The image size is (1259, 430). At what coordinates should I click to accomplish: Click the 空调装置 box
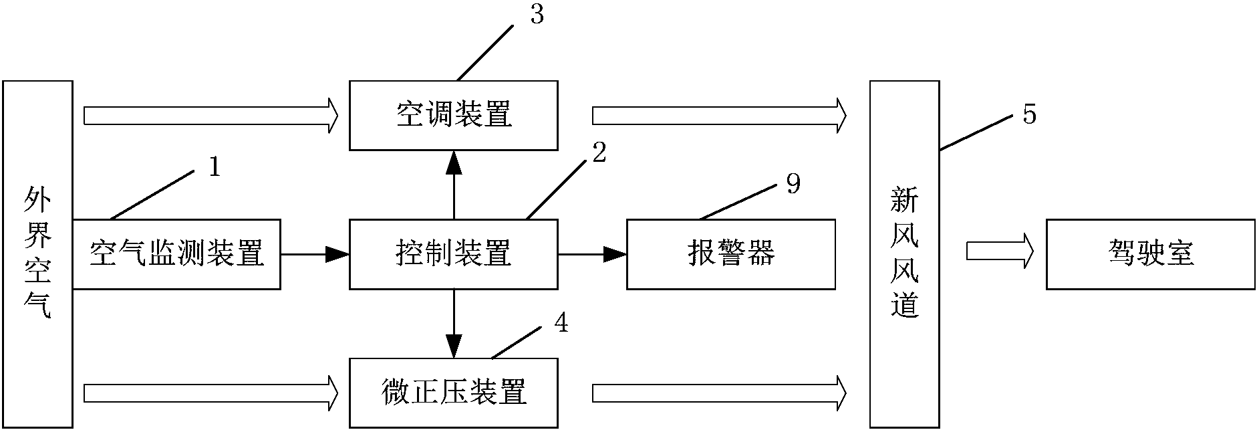click(x=453, y=115)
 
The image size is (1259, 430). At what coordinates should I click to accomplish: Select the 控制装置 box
click(x=453, y=254)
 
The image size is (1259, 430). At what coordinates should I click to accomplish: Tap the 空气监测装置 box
click(x=176, y=254)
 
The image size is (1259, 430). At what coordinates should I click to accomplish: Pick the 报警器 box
click(x=730, y=254)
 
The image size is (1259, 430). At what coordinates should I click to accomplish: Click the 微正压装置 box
click(x=453, y=393)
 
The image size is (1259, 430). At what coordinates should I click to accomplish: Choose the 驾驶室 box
click(x=1150, y=254)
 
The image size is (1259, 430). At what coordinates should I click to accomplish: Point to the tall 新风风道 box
click(x=904, y=254)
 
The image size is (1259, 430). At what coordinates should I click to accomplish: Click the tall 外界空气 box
click(x=37, y=254)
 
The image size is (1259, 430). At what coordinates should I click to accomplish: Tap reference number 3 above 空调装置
click(x=537, y=15)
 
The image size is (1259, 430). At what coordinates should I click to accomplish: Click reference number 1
click(x=214, y=167)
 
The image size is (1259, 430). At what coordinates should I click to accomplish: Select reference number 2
click(x=599, y=154)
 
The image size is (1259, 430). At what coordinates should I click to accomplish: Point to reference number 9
click(x=793, y=183)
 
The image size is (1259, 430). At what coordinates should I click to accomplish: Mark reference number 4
click(x=561, y=324)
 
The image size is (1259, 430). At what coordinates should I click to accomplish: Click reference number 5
click(x=1030, y=115)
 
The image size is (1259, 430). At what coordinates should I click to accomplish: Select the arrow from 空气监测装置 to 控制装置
click(x=315, y=254)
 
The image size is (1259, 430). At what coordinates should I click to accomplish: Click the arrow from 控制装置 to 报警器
click(x=592, y=254)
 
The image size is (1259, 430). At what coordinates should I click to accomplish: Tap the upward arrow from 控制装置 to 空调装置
click(x=454, y=184)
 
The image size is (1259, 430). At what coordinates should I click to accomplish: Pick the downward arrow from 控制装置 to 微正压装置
click(x=454, y=324)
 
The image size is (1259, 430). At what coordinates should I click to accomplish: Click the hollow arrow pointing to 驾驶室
click(x=1000, y=253)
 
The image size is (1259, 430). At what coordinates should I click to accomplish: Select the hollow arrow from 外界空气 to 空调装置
click(x=211, y=115)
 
